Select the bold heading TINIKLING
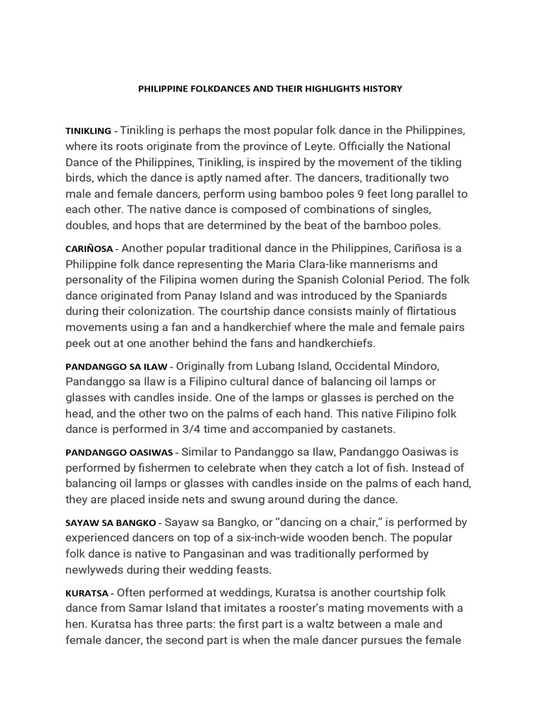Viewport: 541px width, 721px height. tap(88, 131)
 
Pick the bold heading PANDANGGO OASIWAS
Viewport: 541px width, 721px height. tap(122, 451)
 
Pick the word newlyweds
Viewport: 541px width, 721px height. tap(98, 570)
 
